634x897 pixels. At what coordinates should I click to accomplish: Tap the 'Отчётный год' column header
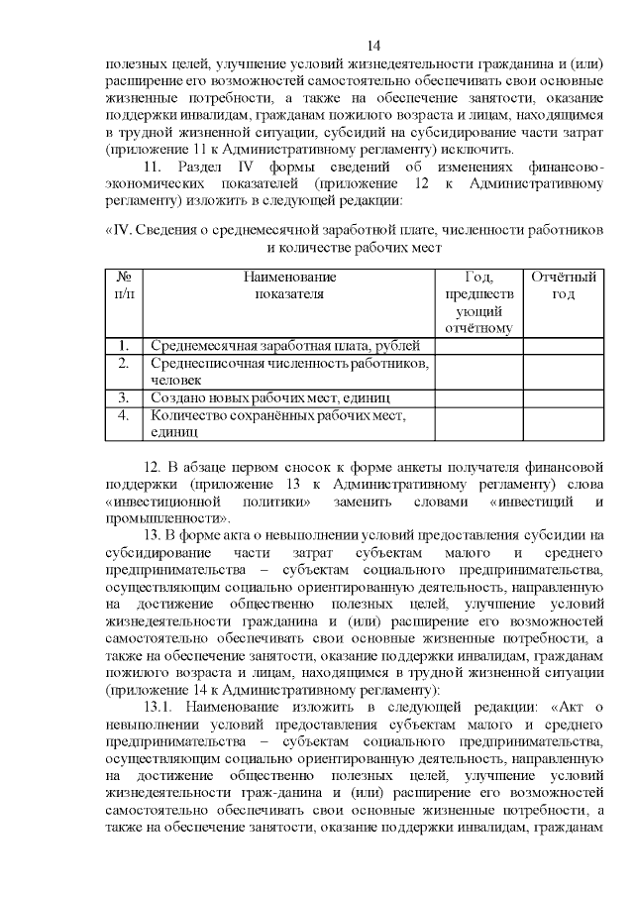tap(563, 284)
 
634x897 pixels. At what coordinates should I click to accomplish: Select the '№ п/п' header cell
tap(125, 284)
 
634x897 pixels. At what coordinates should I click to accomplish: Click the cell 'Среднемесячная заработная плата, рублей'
tap(285, 346)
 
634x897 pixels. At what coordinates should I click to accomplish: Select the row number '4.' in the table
tap(125, 414)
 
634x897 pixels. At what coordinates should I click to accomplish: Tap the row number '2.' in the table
tap(125, 364)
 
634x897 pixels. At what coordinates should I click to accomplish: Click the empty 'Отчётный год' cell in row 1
tap(563, 346)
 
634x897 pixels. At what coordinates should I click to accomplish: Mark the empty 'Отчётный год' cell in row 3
tap(563, 397)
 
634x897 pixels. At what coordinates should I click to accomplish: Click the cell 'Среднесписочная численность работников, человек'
tap(288, 372)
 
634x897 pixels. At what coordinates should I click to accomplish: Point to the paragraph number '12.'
tap(153, 467)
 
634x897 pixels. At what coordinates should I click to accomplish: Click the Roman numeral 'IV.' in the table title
tap(120, 230)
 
